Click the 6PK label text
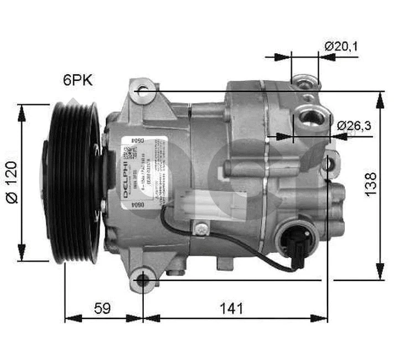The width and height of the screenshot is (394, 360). point(77,80)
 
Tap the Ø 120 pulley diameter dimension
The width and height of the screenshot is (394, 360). point(12,183)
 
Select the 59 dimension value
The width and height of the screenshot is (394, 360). point(101,308)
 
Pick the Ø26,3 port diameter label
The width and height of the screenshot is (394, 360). point(354,126)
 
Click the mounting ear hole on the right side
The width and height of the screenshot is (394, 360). point(330,163)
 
